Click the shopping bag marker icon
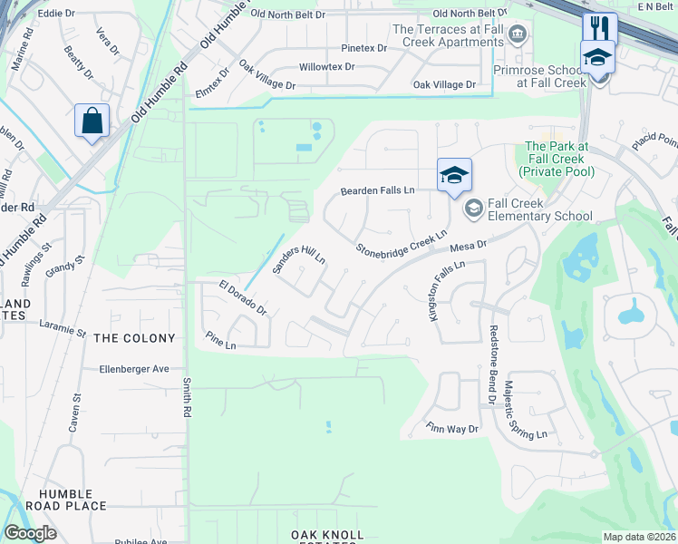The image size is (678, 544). tap(92, 121)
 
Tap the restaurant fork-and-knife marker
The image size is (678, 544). tap(600, 28)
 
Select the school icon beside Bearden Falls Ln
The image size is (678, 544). tap(454, 175)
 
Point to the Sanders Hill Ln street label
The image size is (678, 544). tap(298, 261)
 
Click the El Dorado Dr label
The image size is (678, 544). tap(243, 297)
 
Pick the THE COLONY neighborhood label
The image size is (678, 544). tap(134, 338)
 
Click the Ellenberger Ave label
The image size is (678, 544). tap(134, 369)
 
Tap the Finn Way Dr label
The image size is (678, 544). tap(451, 428)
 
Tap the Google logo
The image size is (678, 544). tap(30, 532)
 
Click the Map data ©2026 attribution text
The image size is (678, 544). tap(639, 537)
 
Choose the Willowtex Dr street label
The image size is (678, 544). tap(327, 67)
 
